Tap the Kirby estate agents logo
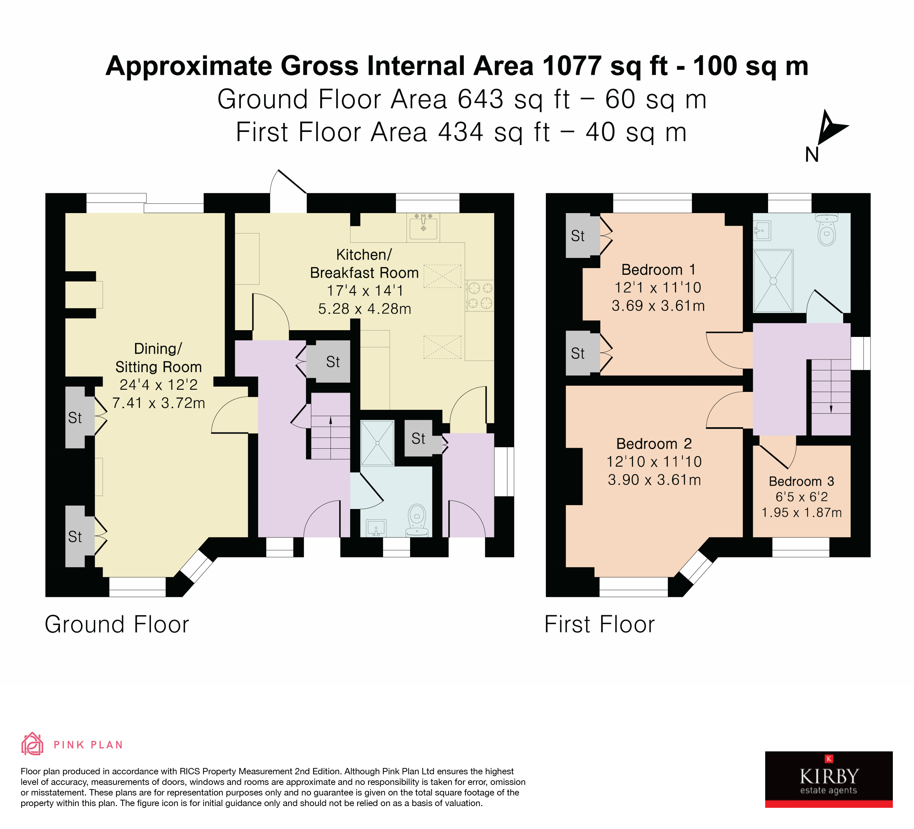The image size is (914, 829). (828, 779)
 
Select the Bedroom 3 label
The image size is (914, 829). (801, 481)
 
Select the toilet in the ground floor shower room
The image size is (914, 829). (417, 520)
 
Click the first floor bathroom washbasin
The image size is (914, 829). (762, 230)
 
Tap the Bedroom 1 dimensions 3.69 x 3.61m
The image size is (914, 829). (658, 305)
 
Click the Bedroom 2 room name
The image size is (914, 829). (654, 443)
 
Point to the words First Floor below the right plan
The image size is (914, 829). (599, 624)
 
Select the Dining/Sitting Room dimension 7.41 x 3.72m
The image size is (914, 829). (159, 403)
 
